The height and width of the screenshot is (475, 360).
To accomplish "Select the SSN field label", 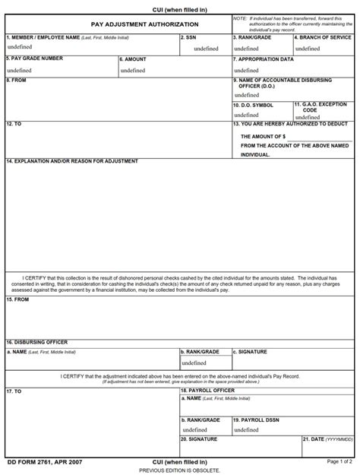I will click(x=191, y=36).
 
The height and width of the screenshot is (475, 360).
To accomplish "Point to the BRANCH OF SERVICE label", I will click(x=324, y=36).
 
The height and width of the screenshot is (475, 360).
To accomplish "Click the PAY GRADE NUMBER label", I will click(x=35, y=59).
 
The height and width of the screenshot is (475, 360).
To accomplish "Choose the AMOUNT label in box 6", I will click(x=134, y=59).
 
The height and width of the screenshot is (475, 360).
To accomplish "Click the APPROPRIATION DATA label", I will click(x=265, y=59).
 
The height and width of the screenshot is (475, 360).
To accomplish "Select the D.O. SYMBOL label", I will click(x=254, y=105).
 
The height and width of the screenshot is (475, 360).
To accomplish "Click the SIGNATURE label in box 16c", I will click(x=254, y=352).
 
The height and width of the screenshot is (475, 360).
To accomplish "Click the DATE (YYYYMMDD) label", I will click(x=328, y=439).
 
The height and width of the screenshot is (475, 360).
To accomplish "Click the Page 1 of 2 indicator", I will click(x=339, y=461).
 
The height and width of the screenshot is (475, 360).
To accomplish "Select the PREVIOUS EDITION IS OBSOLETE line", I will click(x=180, y=470).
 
